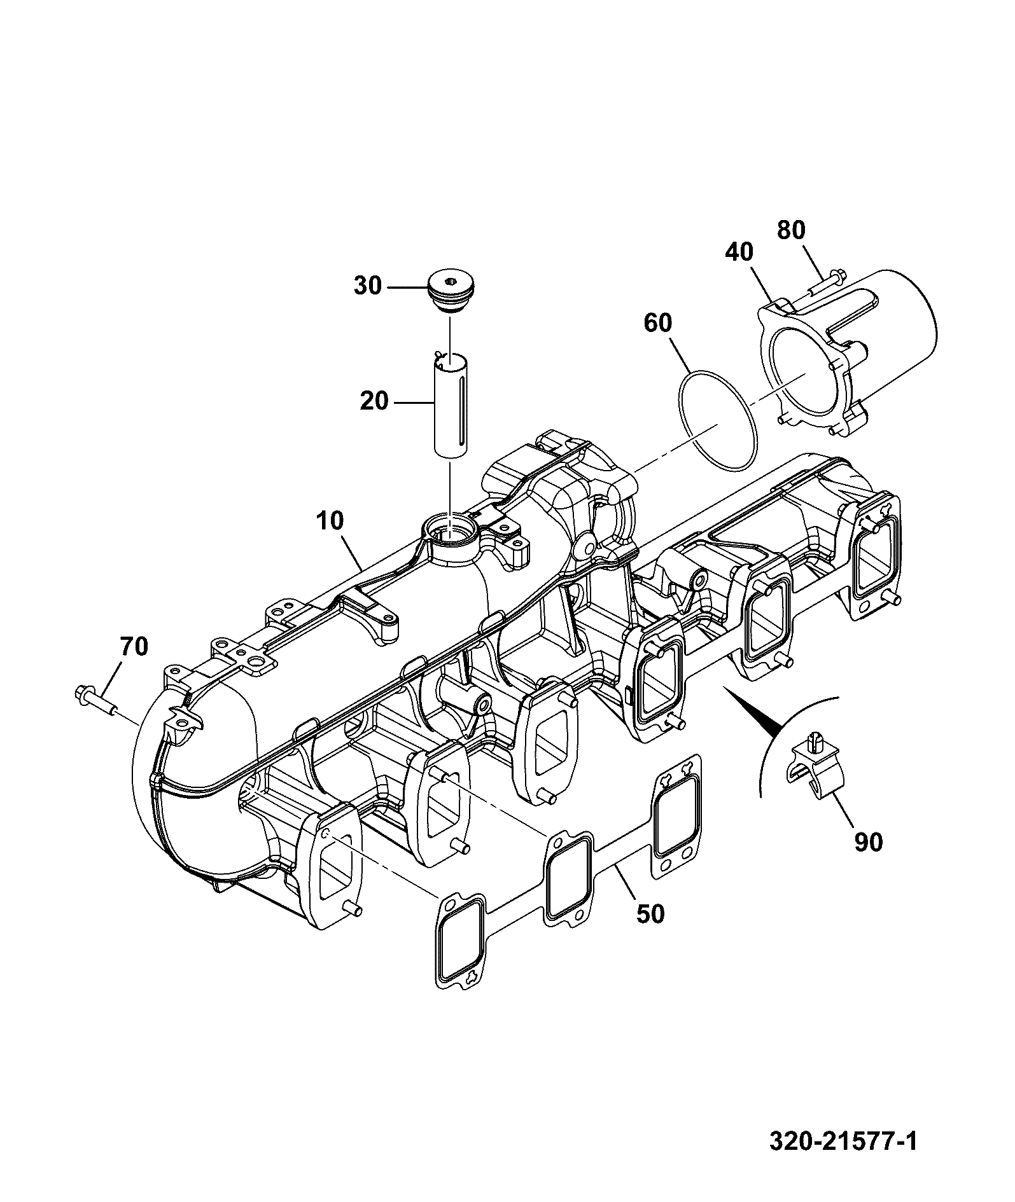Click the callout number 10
pos(329,521)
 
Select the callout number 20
pos(374,401)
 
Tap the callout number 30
pos(368,286)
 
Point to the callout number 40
pos(739,252)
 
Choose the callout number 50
pos(650,914)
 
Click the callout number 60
pos(658,323)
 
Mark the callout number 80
pos(791,230)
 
